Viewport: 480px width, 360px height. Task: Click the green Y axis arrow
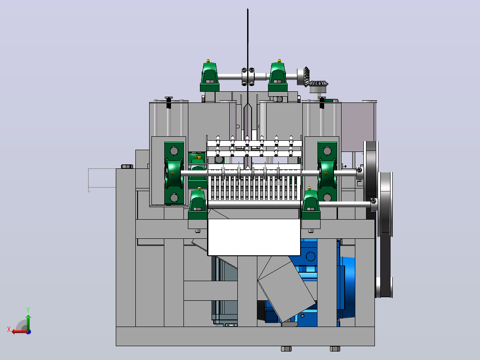pos(28,322)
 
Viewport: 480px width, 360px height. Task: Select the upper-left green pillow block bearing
pos(210,76)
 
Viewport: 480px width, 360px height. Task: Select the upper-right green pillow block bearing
pos(278,76)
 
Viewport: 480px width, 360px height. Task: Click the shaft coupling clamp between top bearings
pos(248,77)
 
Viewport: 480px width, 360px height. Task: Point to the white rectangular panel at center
pos(254,237)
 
